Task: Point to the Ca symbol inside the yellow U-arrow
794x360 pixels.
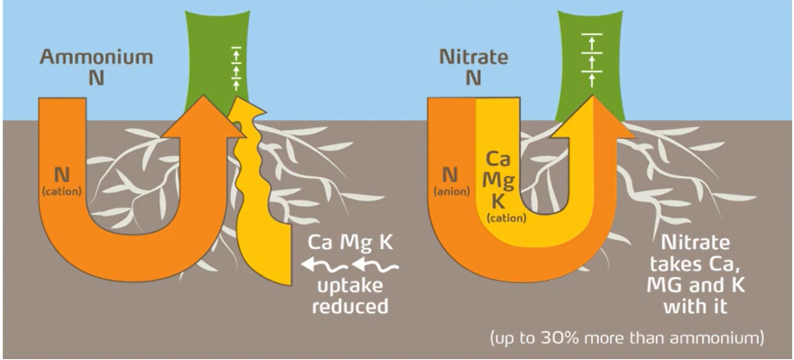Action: point(498,160)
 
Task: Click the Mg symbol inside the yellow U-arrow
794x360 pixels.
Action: point(498,180)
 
